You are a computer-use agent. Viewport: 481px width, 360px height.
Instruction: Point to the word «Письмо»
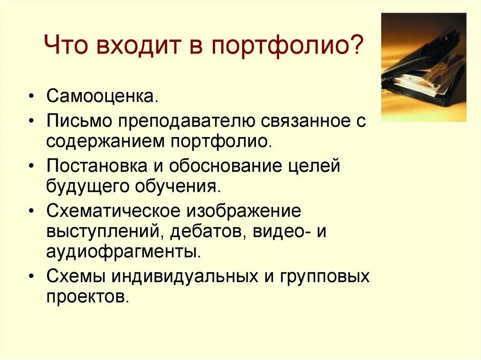tap(78, 122)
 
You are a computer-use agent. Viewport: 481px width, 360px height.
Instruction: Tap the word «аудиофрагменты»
tap(124, 252)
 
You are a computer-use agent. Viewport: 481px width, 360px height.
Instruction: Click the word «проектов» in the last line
tap(87, 297)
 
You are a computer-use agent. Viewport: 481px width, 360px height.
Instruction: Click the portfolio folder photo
tap(423, 67)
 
